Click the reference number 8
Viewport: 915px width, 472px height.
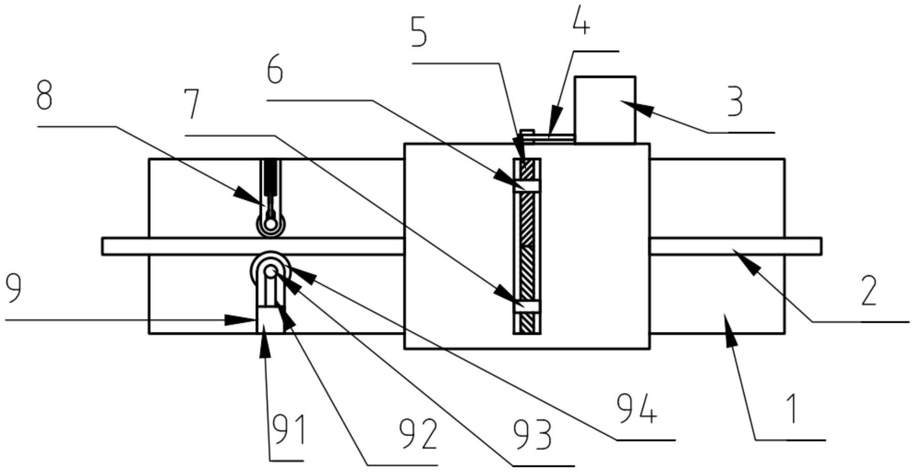44,98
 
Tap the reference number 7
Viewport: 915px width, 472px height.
192,104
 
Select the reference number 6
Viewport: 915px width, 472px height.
275,71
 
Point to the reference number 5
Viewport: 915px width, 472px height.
419,34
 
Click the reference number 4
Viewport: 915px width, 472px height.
583,21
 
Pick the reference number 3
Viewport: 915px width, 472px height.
736,102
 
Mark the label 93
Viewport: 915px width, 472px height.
533,436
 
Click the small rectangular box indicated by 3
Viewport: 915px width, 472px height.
605,110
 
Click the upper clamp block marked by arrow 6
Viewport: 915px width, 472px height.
527,186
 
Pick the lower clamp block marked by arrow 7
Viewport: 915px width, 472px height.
527,307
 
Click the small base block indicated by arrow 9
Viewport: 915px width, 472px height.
270,319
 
